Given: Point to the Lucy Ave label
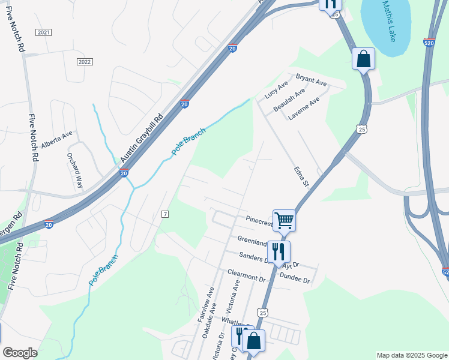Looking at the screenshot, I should pyautogui.click(x=276, y=91).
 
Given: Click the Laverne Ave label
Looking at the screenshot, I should pyautogui.click(x=304, y=109).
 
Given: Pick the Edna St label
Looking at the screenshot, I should pyautogui.click(x=300, y=175).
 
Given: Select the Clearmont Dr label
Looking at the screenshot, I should pyautogui.click(x=246, y=275).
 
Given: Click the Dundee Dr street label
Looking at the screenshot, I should pyautogui.click(x=294, y=280).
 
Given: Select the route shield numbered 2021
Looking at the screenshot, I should pyautogui.click(x=43, y=32).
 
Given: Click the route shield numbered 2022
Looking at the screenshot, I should pyautogui.click(x=85, y=62).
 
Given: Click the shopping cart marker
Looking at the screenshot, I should pyautogui.click(x=284, y=220).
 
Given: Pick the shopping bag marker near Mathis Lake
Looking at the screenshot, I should pyautogui.click(x=363, y=59).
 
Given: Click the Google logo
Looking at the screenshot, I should pyautogui.click(x=20, y=353).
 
